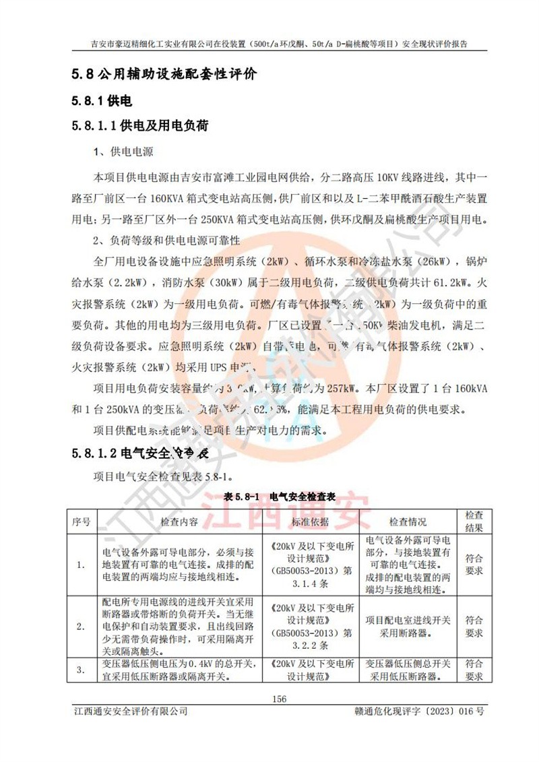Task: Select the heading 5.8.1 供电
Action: point(102,101)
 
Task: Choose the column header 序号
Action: point(82,521)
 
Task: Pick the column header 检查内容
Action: point(179,521)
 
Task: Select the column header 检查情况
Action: point(408,521)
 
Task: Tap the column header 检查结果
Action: point(474,521)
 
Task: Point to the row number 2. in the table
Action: point(82,627)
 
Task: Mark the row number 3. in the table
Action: point(82,670)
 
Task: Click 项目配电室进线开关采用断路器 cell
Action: point(408,627)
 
